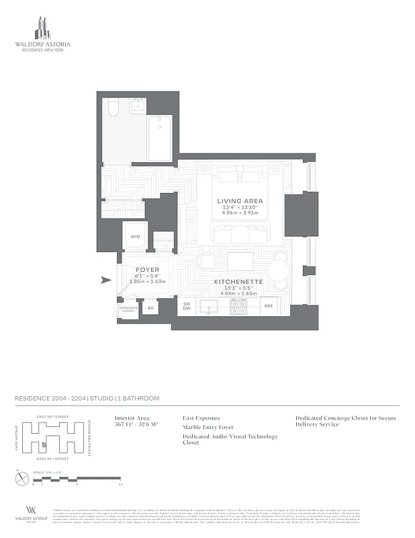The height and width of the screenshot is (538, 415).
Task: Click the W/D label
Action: click(x=135, y=236)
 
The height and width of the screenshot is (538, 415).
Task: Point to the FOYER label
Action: click(x=147, y=269)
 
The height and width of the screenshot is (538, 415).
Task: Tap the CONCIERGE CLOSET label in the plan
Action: click(x=128, y=309)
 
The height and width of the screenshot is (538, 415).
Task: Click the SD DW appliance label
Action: click(x=187, y=307)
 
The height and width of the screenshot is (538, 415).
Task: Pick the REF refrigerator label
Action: click(x=268, y=306)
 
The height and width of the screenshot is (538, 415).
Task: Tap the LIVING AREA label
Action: click(x=240, y=200)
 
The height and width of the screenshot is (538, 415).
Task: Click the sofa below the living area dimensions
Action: click(x=240, y=233)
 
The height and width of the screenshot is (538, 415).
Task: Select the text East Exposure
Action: click(x=201, y=418)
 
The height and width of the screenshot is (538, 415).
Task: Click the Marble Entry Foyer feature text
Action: click(x=208, y=427)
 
